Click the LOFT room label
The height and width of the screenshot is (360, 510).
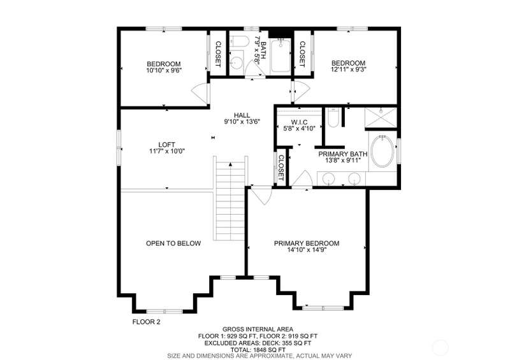tap(167, 145)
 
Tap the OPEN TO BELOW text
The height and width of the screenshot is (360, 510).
tap(173, 243)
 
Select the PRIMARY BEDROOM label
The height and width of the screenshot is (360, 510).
tap(307, 243)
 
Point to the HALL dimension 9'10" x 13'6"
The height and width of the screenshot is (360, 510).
tap(242, 122)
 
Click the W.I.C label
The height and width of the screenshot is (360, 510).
tap(299, 122)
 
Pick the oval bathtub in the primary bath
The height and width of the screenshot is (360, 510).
tap(383, 151)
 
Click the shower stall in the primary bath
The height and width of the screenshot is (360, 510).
tap(381, 117)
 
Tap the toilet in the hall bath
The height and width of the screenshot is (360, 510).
tap(237, 41)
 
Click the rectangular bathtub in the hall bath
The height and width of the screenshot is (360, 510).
tap(280, 55)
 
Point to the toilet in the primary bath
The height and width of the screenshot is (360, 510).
tap(333, 118)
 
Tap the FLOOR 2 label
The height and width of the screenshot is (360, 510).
tap(146, 322)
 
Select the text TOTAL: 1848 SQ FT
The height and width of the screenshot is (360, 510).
tap(258, 350)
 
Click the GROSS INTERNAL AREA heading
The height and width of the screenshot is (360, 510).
tap(258, 329)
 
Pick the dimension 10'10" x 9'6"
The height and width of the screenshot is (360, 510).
tap(164, 70)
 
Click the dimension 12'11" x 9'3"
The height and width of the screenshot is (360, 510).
tap(348, 69)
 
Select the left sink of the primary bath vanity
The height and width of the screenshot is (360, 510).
tap(328, 178)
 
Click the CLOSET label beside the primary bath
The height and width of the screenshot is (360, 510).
tap(281, 168)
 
